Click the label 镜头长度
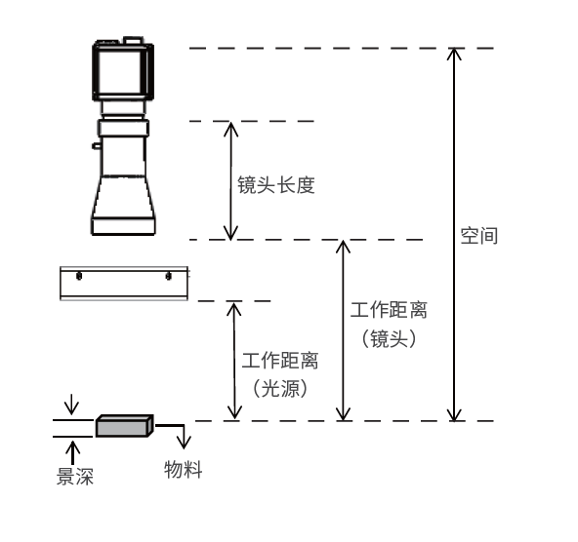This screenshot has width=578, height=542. pyautogui.click(x=276, y=184)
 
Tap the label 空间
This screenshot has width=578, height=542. pyautogui.click(x=479, y=236)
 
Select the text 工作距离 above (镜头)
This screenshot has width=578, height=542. pyautogui.click(x=389, y=310)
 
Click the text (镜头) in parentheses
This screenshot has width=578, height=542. pyautogui.click(x=389, y=338)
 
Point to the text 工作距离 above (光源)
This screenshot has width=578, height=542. pyautogui.click(x=280, y=361)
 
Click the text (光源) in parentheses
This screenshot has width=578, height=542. pyautogui.click(x=280, y=389)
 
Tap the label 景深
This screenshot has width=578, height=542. pyautogui.click(x=75, y=477)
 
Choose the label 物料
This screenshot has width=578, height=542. pyautogui.click(x=184, y=470)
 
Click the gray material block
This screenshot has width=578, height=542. pyautogui.click(x=125, y=426)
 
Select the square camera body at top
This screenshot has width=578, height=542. pyautogui.click(x=123, y=72)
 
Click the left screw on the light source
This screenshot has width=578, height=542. pyautogui.click(x=79, y=276)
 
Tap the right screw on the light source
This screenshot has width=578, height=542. pyautogui.click(x=169, y=276)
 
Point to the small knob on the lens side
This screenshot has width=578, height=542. pyautogui.click(x=96, y=146)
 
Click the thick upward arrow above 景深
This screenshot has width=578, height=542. pyautogui.click(x=73, y=452)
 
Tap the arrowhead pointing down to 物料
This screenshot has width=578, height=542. pyautogui.click(x=184, y=443)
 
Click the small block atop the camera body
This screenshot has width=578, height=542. pyautogui.click(x=133, y=40)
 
